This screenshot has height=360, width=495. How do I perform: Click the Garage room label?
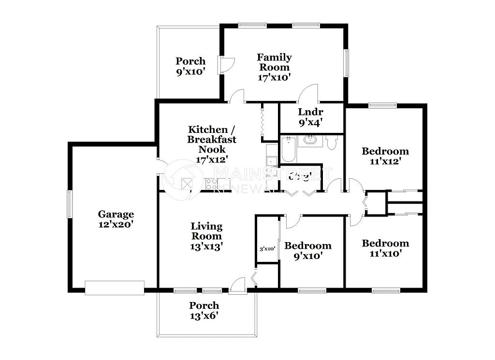(116, 214)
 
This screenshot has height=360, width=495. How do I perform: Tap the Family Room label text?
(274, 62)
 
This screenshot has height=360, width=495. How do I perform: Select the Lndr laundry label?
(310, 113)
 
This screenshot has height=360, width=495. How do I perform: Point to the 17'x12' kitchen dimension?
(212, 158)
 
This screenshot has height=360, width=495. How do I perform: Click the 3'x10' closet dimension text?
(268, 249)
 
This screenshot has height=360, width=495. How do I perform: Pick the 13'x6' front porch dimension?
(204, 316)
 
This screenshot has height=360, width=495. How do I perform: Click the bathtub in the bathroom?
(287, 150)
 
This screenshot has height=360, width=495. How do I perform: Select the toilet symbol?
(332, 143)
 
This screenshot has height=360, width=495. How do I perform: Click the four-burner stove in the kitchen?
(211, 184)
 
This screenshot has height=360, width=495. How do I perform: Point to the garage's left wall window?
(69, 204)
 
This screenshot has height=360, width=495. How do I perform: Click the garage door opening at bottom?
(115, 288)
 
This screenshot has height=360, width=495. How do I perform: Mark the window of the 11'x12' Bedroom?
(382, 105)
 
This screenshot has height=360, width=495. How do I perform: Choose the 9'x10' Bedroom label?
(308, 251)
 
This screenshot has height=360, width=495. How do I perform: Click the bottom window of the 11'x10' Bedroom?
(386, 290)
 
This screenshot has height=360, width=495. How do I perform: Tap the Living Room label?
(206, 231)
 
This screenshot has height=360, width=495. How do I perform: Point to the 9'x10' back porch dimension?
(190, 66)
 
